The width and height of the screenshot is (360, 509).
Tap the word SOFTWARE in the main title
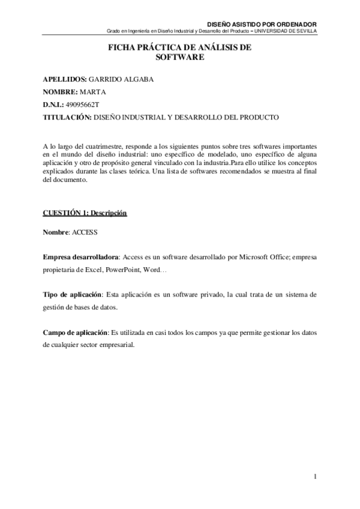click(180, 58)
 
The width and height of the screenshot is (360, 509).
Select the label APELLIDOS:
click(64, 80)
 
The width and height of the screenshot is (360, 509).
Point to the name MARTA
click(92, 92)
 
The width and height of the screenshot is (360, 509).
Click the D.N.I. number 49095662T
click(83, 105)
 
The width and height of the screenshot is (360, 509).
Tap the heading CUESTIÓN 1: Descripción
click(85, 214)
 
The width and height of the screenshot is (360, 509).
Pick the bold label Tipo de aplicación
click(72, 295)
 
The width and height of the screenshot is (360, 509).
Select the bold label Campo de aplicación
click(76, 333)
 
